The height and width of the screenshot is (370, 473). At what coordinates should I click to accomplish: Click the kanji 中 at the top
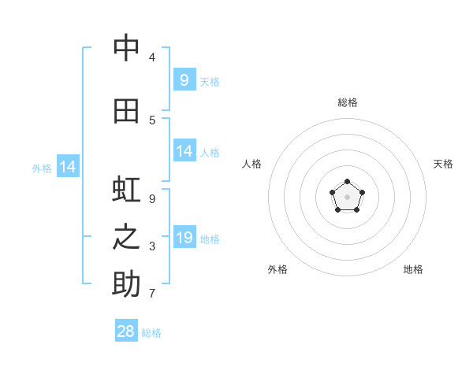coord(126,48)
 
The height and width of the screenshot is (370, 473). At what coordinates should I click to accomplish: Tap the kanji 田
coord(126,111)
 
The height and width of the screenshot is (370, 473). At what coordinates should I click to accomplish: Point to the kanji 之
coord(126,238)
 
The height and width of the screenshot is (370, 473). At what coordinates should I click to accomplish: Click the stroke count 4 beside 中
coord(151,57)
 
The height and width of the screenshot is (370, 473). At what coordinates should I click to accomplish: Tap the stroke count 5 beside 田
coord(151,120)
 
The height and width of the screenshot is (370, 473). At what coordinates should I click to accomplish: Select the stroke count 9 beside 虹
coord(151,199)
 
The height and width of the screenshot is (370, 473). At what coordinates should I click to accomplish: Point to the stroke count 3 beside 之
coord(151,246)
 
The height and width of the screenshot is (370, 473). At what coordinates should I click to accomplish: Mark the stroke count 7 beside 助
coord(151,294)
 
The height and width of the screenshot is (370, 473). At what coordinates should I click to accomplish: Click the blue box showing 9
coord(184,80)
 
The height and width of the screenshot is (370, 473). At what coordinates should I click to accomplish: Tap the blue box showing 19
coord(184,237)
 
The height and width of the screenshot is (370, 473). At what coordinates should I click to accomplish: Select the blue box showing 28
coord(126,331)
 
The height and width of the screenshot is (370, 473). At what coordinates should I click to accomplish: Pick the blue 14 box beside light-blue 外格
coord(68,166)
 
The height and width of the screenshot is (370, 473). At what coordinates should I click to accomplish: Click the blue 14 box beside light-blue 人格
coord(184,151)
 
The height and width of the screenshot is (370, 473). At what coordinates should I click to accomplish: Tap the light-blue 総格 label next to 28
coord(151,333)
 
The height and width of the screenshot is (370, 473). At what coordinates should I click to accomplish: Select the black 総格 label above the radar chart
coord(348,102)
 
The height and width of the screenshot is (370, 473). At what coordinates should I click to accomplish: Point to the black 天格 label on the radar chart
coord(443,164)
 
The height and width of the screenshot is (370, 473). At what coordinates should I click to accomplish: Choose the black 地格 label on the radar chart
coord(413,269)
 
